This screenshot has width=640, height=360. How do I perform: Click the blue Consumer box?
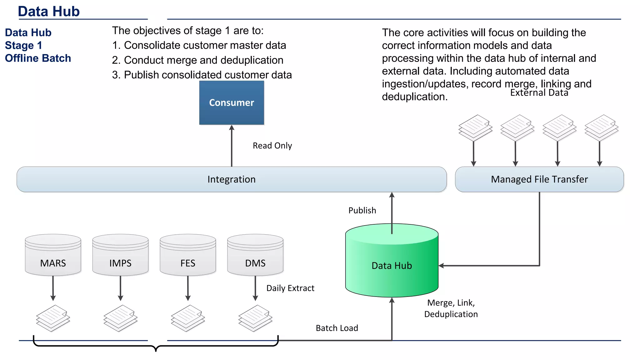(x=232, y=102)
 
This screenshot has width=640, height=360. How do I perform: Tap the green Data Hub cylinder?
(x=392, y=265)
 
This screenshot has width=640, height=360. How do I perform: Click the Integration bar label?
(x=232, y=179)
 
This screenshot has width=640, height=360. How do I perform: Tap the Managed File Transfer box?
(x=539, y=179)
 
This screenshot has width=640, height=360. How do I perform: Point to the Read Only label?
(x=272, y=146)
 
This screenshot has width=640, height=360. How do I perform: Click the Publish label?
(x=362, y=210)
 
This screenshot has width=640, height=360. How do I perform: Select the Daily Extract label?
(x=290, y=288)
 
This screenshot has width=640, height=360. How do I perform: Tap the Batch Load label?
(x=337, y=328)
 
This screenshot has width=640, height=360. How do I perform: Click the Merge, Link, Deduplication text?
(x=451, y=308)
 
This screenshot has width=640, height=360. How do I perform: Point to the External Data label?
(x=539, y=93)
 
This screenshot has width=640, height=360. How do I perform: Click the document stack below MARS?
(x=53, y=318)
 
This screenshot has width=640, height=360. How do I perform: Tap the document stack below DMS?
(x=255, y=318)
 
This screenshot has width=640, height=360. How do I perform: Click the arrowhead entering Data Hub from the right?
(x=441, y=266)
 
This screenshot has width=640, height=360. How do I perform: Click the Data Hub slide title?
(x=49, y=11)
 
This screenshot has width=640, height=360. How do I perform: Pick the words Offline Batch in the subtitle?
(x=38, y=58)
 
